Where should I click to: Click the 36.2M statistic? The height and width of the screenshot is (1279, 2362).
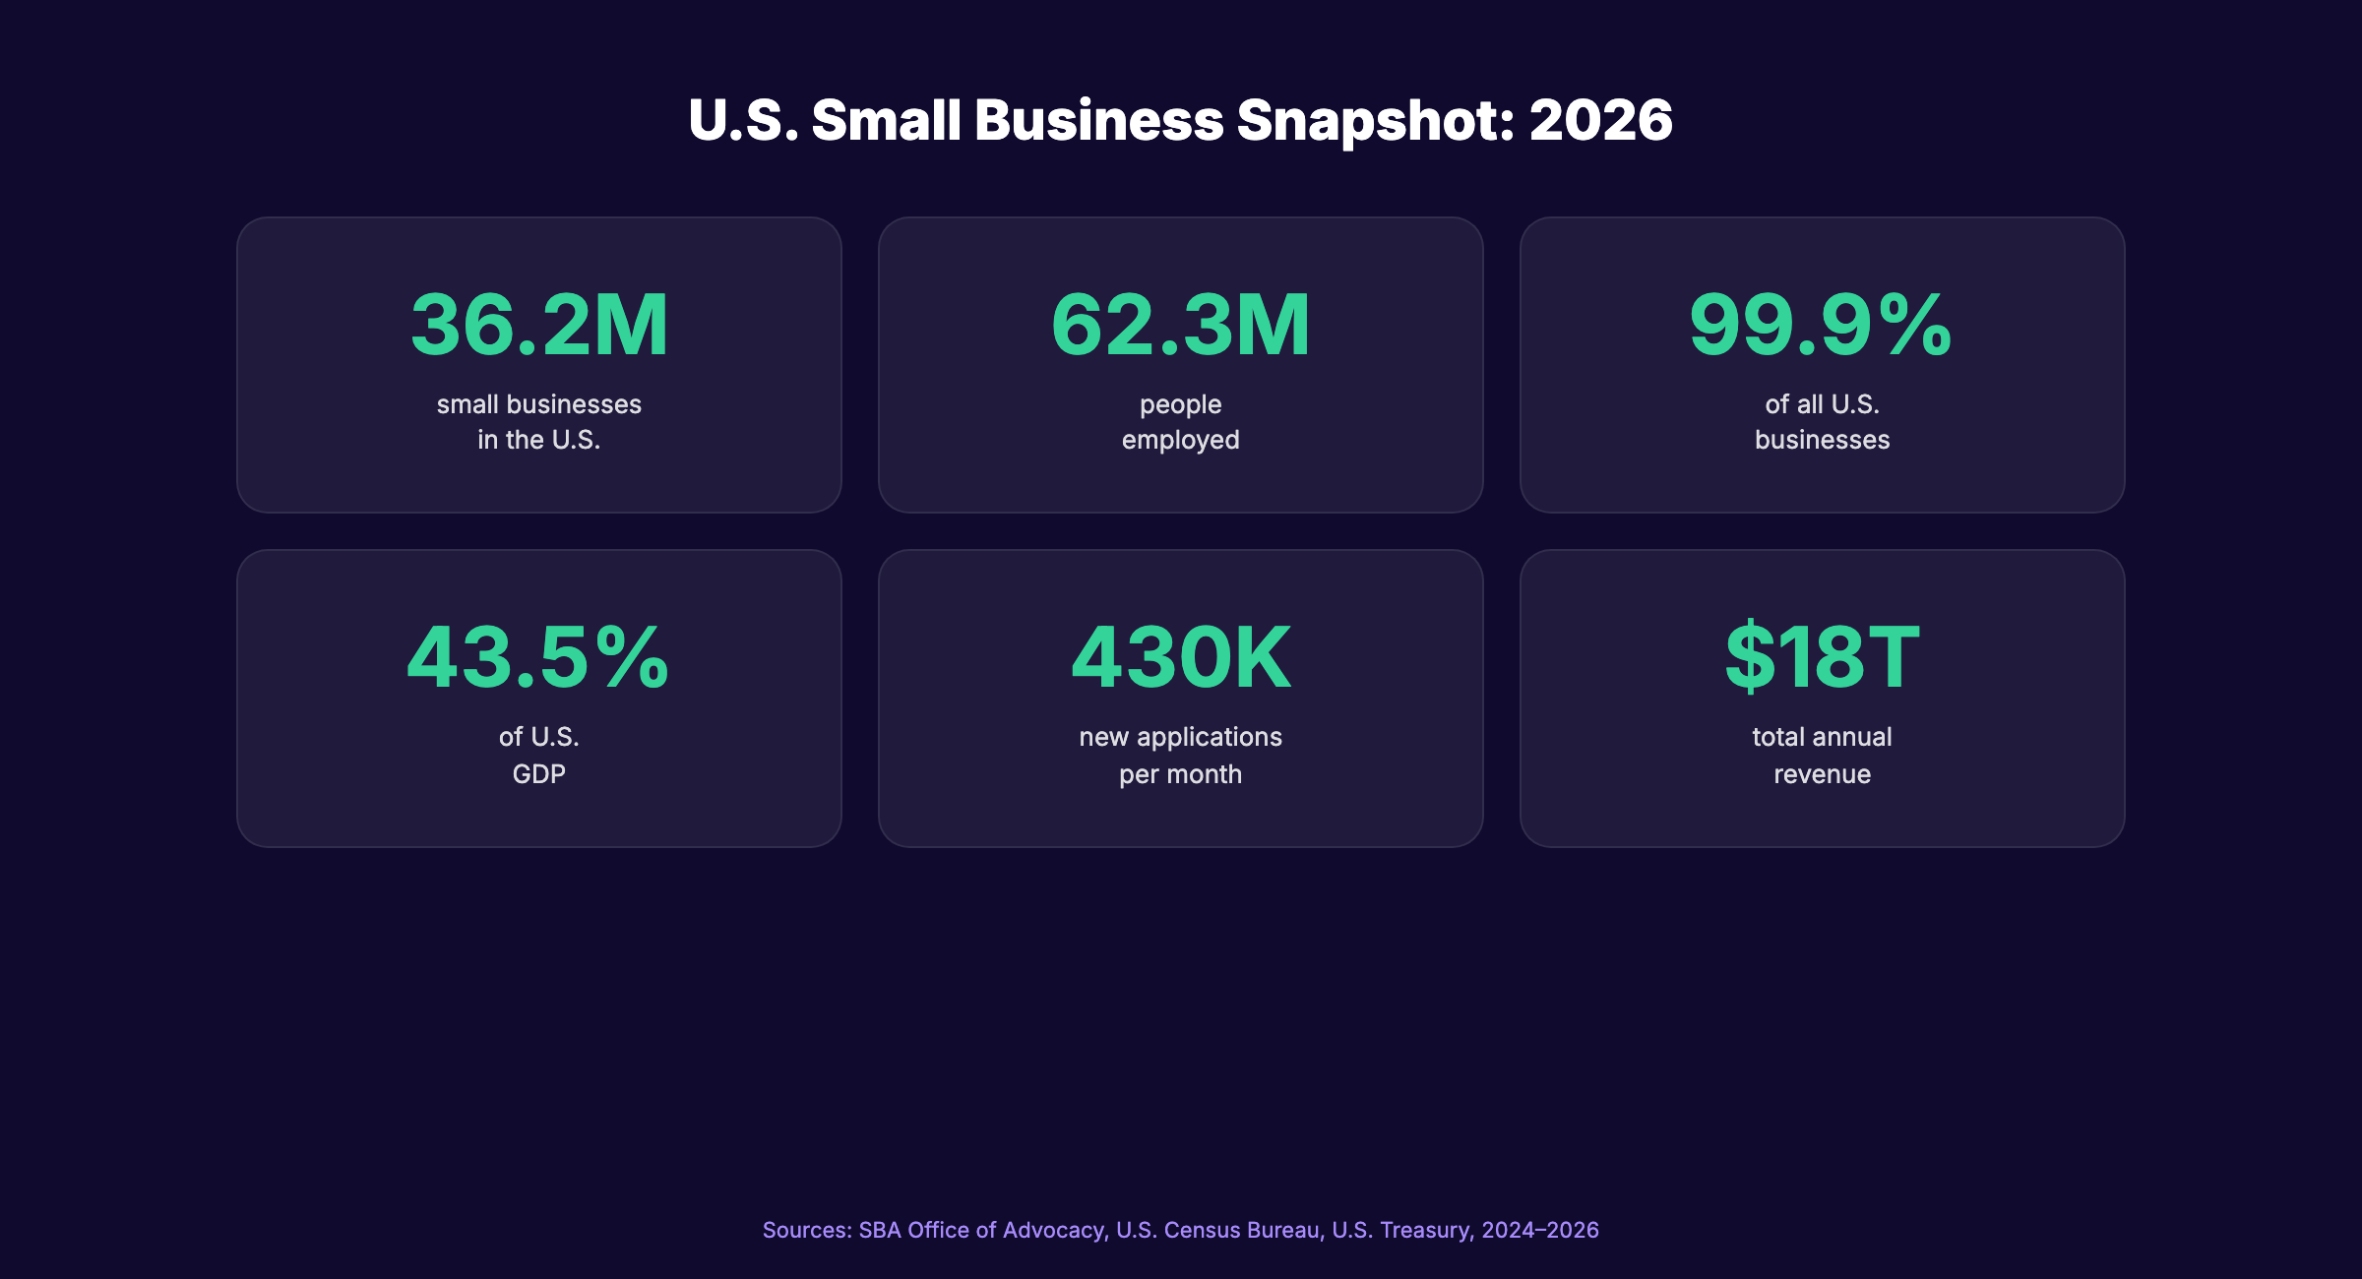539,325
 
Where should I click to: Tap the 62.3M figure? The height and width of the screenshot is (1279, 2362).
1180,325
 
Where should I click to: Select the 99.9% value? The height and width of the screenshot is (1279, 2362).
1821,325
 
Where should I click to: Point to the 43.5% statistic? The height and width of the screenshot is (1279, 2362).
538,657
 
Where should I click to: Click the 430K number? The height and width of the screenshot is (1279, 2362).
1180,657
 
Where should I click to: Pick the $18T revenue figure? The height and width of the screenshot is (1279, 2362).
1822,657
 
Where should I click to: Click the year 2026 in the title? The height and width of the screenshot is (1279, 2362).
1600,120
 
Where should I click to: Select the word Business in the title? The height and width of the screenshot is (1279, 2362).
1099,120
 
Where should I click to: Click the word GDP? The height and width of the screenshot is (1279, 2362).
538,774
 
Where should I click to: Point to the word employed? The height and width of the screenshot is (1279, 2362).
1180,441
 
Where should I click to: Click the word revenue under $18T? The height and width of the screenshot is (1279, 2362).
1822,774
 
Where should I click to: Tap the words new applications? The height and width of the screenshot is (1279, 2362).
1180,737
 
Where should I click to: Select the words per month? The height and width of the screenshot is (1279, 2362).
1180,774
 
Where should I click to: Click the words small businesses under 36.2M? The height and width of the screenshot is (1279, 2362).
538,404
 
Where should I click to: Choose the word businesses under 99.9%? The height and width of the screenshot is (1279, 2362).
1822,440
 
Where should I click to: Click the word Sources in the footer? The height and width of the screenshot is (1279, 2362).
806,1230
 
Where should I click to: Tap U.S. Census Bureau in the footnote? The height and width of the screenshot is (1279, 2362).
1218,1230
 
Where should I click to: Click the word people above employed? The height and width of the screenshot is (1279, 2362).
1180,404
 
